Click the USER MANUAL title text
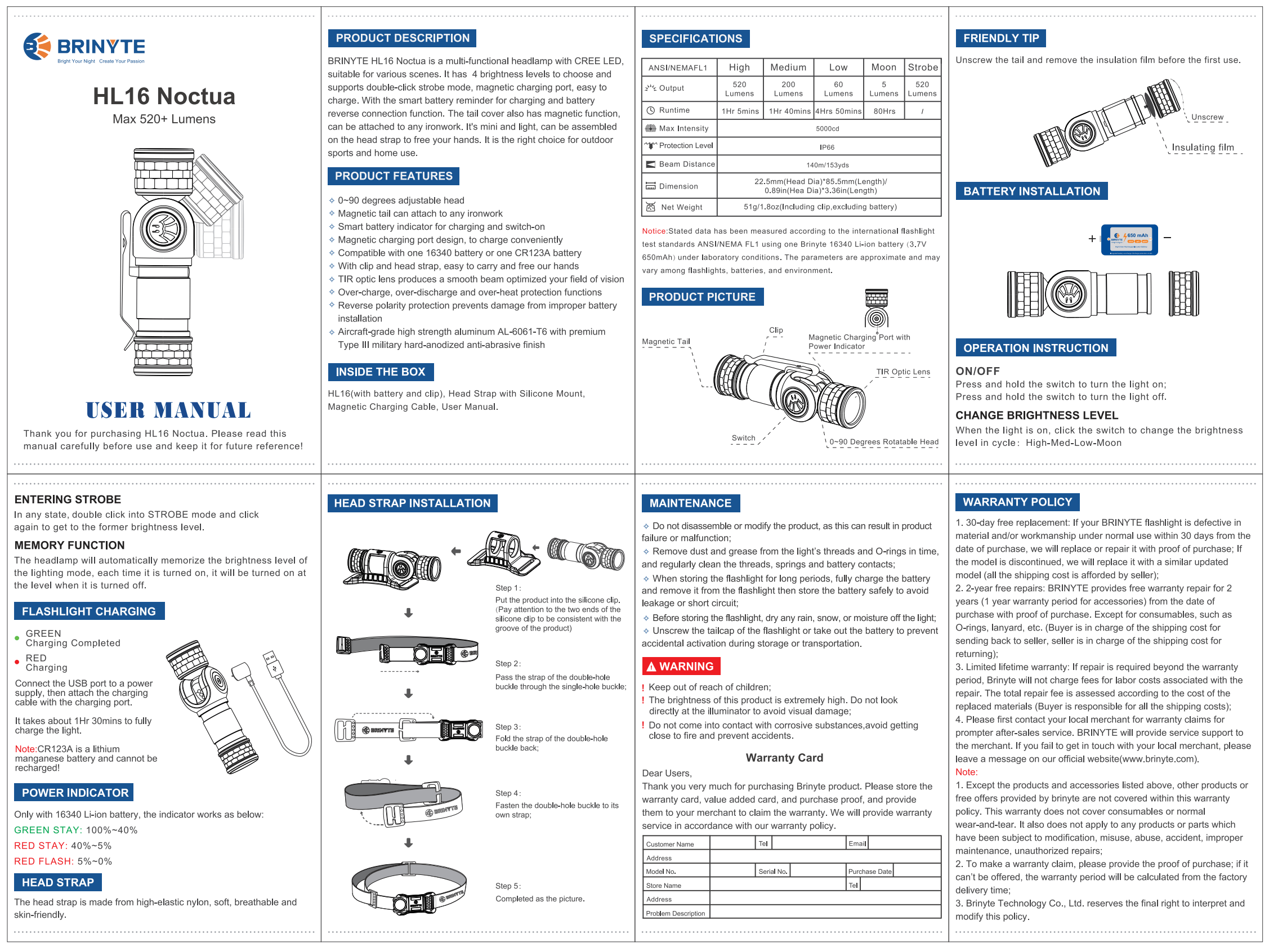tap(168, 410)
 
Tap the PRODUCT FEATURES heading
tap(393, 176)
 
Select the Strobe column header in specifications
tap(922, 67)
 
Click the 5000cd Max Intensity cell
tap(827, 128)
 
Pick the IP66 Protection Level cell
tap(827, 147)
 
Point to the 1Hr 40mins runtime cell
tap(789, 111)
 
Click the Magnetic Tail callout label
tap(665, 342)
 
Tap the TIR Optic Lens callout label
tap(902, 372)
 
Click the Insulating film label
tap(1202, 148)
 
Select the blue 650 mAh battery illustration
tap(1129, 240)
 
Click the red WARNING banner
tap(680, 666)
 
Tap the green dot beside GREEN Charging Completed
tap(17, 638)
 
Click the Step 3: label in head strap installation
tap(508, 727)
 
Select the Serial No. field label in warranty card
tap(772, 872)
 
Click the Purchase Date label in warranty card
tap(869, 872)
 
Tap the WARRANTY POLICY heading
tap(1017, 502)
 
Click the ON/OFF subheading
tap(977, 372)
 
